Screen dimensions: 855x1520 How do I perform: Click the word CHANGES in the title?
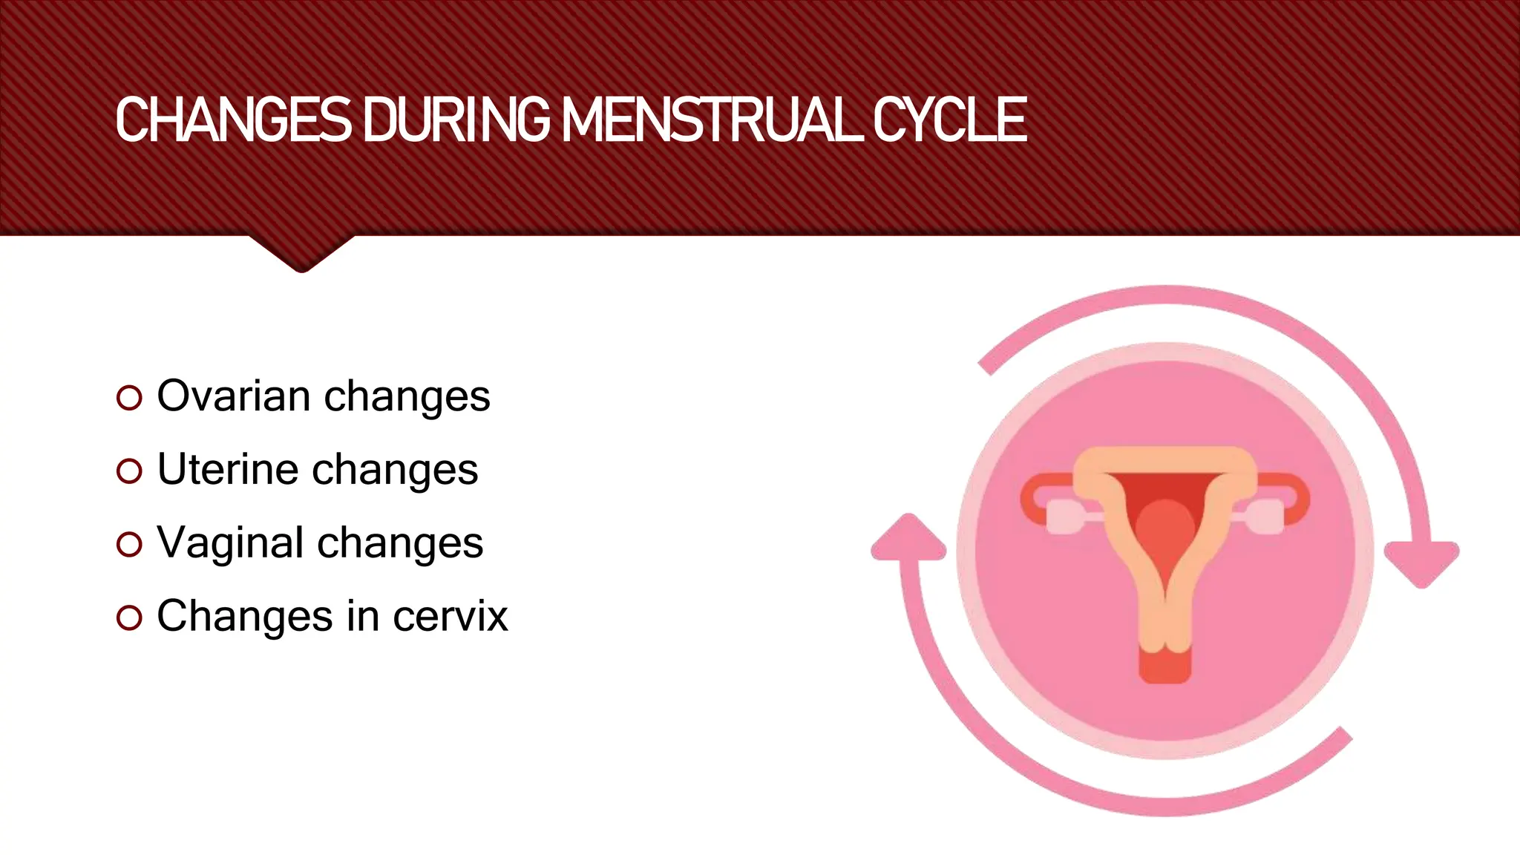coord(233,120)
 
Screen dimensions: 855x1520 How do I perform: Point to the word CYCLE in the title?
coord(949,120)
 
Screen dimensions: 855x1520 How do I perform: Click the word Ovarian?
coord(233,396)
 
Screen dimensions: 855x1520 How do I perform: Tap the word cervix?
coord(451,616)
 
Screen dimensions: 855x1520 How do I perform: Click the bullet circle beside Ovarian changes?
coord(129,398)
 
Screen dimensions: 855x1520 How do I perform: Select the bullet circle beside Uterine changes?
coord(129,471)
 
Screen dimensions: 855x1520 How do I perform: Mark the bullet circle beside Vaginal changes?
coord(129,545)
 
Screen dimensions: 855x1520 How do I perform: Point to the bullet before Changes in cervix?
coord(129,618)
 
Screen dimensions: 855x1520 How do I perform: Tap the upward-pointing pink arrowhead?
coord(908,539)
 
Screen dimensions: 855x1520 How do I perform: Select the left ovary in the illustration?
coord(1064,517)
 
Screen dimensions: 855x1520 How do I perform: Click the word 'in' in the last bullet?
coord(363,616)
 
